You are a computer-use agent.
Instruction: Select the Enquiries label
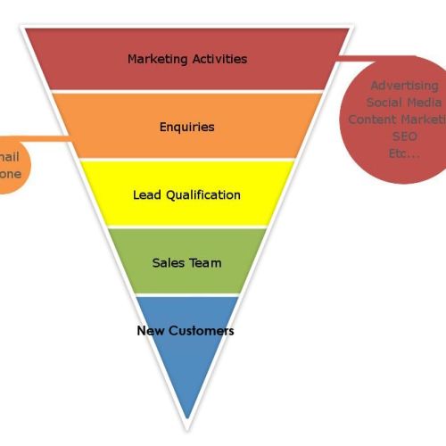coord(186,127)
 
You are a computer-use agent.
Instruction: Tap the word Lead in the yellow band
coord(147,194)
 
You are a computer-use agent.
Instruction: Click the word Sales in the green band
coord(169,263)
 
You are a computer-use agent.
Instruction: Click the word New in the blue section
coord(149,331)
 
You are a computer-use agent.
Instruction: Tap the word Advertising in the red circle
coord(404,86)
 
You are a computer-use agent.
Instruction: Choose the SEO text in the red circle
coord(404,136)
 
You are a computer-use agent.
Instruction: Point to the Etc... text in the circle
coord(404,153)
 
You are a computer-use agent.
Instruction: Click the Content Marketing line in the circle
coord(397,120)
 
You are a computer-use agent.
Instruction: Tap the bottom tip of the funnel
coord(186,417)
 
